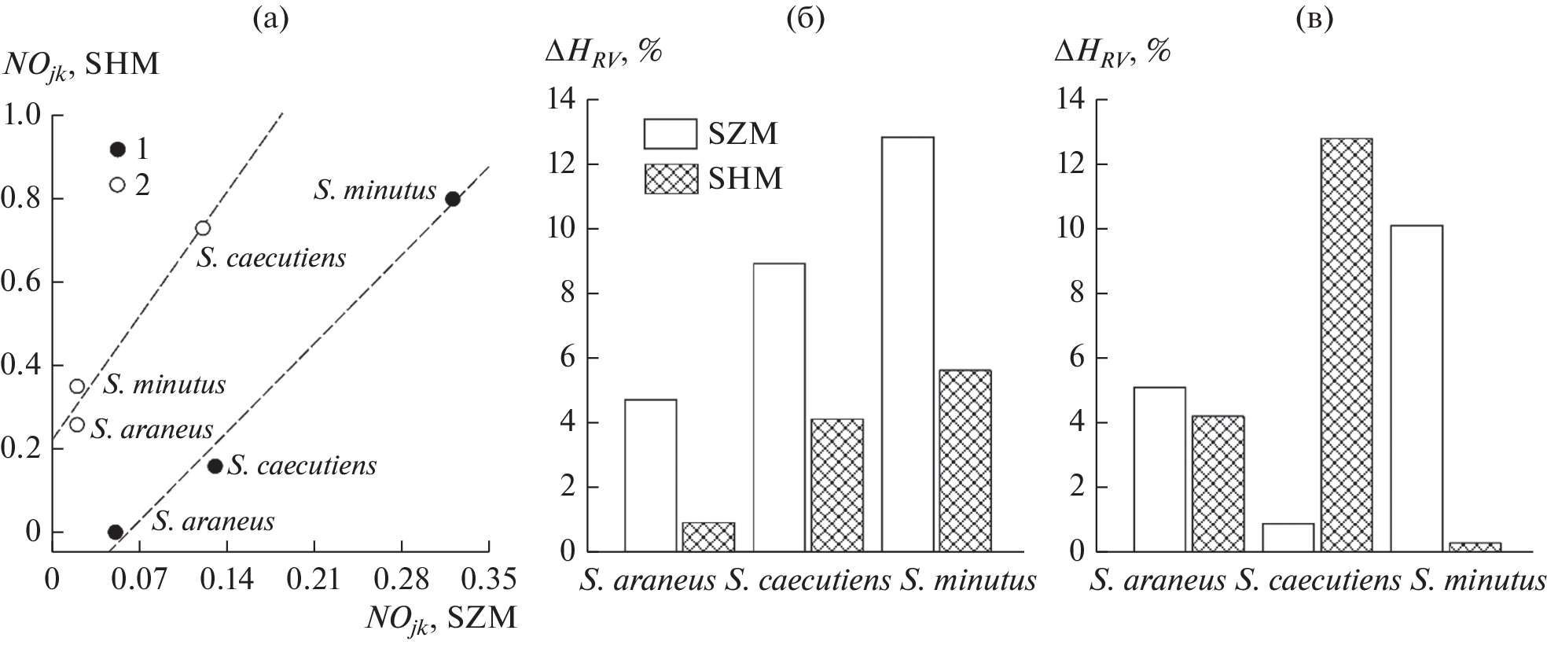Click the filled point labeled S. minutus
(x=453, y=199)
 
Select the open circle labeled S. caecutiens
(x=203, y=228)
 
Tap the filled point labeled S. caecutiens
(x=215, y=466)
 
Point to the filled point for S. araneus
(x=115, y=533)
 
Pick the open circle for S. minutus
(x=77, y=386)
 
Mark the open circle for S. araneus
(x=77, y=425)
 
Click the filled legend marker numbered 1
(x=118, y=149)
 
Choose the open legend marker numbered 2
(x=118, y=185)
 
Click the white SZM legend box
(x=670, y=135)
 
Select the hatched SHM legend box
(x=670, y=179)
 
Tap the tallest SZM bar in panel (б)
(x=908, y=345)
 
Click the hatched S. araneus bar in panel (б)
(x=708, y=536)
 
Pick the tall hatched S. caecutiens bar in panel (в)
(x=1346, y=345)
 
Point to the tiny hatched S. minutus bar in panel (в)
(x=1475, y=547)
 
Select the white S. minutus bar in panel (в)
(x=1417, y=389)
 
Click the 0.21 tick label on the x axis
(x=314, y=581)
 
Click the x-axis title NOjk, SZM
(x=441, y=618)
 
